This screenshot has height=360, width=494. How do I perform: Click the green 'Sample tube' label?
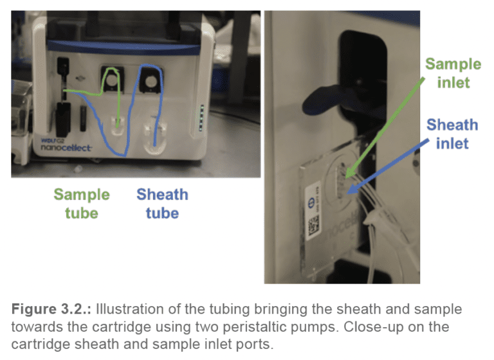point(81,203)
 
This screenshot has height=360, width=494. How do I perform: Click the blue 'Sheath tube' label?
point(162,203)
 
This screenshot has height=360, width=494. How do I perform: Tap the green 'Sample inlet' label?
point(453,73)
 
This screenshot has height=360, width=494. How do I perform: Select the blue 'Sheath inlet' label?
point(452,133)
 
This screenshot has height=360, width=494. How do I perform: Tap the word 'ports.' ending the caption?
point(255,344)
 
